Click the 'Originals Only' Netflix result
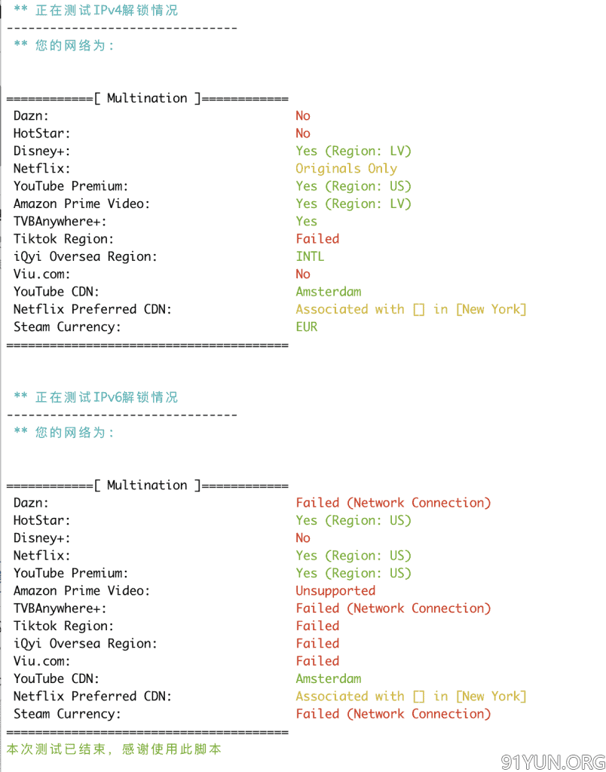coord(346,168)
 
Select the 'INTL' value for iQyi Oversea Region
coord(310,256)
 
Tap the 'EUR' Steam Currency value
coord(306,327)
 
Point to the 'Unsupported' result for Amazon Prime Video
coord(335,591)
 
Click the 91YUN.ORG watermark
coord(552,762)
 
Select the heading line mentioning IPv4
coord(96,11)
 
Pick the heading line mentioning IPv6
coord(96,397)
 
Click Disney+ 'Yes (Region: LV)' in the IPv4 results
coord(353,151)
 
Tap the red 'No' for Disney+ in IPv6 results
coord(303,538)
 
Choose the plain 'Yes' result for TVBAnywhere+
coord(306,222)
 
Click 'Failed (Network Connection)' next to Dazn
coord(393,503)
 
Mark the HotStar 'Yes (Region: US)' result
coord(353,520)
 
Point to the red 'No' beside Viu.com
coord(303,274)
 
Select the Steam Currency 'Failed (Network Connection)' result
coord(393,714)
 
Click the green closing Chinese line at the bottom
coord(114,749)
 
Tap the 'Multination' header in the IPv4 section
coord(147,99)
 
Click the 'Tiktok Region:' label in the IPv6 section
coord(63,626)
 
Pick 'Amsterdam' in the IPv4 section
coord(329,292)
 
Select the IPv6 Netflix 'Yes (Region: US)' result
coord(353,556)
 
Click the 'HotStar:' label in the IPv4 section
coord(42,133)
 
